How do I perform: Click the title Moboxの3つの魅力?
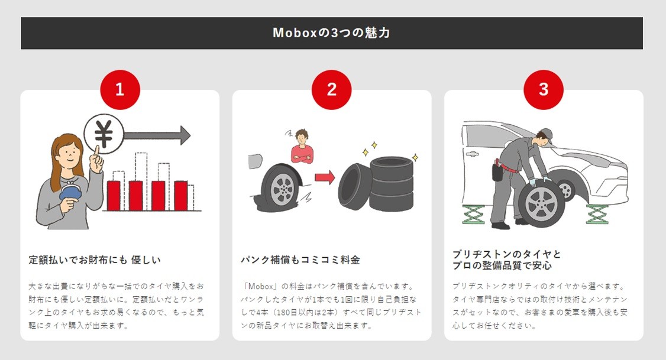(x=331, y=33)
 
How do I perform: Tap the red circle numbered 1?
(x=120, y=90)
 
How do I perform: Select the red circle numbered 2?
(x=331, y=90)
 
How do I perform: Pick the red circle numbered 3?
(x=543, y=90)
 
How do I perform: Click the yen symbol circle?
(x=104, y=134)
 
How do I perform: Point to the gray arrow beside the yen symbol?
(x=157, y=135)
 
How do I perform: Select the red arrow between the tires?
(x=325, y=177)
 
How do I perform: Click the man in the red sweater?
(x=302, y=147)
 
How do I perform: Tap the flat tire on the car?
(x=281, y=187)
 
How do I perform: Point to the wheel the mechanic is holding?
(x=541, y=203)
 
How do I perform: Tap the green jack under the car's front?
(x=597, y=215)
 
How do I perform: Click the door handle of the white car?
(x=471, y=154)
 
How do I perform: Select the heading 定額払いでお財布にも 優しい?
(x=95, y=260)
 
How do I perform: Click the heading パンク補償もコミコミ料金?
(x=300, y=260)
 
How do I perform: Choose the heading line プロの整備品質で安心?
(x=502, y=266)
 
